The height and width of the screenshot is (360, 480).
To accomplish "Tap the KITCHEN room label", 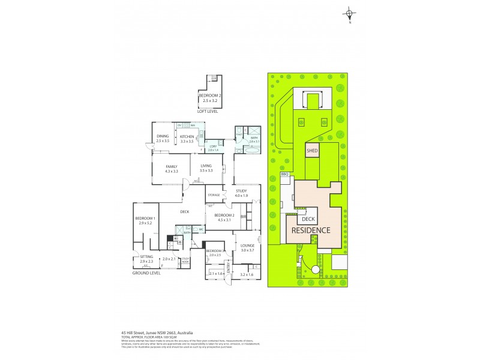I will tap(187, 136).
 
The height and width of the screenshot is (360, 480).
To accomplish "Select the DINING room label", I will tap(163, 136).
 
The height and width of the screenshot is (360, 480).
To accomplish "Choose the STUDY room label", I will tap(241, 191).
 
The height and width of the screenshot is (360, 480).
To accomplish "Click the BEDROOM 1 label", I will tap(145, 218).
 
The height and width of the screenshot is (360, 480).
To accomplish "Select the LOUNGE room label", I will tap(248, 245).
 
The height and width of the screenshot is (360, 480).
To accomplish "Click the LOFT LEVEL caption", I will tap(208, 111).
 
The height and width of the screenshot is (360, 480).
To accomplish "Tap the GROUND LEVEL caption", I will tap(146, 272).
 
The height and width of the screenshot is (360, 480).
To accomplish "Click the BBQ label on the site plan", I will tap(285, 174).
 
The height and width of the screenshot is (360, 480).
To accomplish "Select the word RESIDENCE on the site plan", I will tap(311, 230).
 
